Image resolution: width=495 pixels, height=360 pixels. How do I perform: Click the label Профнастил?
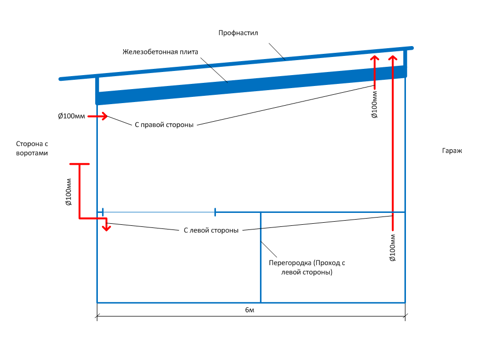[238, 33]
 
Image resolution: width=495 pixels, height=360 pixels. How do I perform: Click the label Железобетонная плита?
[161, 52]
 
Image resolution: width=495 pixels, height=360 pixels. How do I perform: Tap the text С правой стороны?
[164, 125]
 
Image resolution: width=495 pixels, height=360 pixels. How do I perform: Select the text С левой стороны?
[211, 231]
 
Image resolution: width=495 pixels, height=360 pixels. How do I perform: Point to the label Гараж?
[452, 151]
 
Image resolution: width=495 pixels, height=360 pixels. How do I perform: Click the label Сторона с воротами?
[32, 149]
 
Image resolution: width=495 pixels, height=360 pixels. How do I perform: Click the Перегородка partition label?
[307, 267]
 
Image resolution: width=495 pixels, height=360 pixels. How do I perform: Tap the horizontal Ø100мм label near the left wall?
[71, 116]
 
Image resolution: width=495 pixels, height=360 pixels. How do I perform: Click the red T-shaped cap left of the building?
[79, 164]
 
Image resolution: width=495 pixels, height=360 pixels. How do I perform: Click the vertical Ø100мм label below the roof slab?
[374, 104]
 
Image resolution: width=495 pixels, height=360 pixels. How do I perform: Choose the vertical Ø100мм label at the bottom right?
[392, 248]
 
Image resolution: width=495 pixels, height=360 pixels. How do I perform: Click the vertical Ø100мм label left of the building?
[68, 192]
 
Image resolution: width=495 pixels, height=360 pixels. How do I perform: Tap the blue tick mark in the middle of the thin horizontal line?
[215, 211]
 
